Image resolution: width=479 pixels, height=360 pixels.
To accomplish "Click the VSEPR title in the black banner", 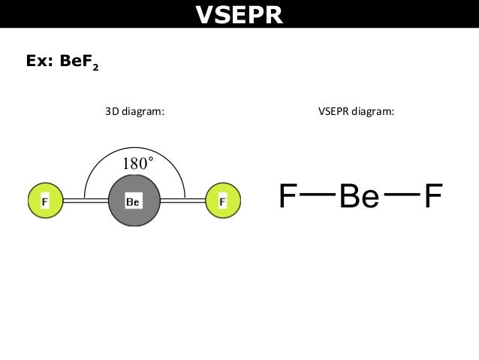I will click(x=239, y=14).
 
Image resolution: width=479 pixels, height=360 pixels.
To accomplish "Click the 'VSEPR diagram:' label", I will click(x=357, y=112).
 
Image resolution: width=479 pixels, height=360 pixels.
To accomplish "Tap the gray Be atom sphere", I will click(x=134, y=201).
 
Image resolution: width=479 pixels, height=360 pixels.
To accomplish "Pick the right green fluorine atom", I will click(x=222, y=201).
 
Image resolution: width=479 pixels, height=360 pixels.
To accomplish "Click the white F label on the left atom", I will click(x=45, y=201).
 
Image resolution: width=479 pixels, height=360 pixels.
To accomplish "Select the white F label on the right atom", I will click(x=222, y=201).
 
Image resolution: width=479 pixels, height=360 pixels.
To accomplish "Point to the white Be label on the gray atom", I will click(x=133, y=201).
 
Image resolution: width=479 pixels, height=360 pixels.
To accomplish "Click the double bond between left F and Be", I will click(x=86, y=201).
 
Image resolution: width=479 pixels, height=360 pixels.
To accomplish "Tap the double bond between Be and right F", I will click(x=182, y=201).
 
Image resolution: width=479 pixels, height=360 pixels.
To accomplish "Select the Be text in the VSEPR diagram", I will click(x=359, y=196).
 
